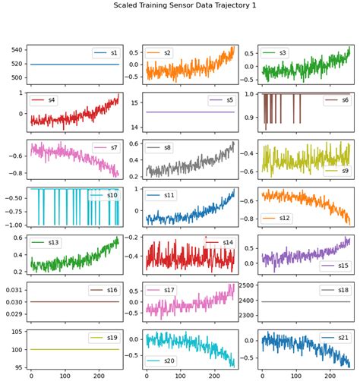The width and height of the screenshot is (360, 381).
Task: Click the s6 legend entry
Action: coord(336,100)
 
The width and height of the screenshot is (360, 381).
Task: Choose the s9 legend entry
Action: coord(336,171)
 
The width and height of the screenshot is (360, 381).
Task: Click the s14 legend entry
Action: coord(220,242)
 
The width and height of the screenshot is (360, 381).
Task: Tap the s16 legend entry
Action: coord(106,290)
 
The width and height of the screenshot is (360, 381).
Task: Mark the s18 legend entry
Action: coord(336,290)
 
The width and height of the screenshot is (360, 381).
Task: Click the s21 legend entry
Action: coord(336,337)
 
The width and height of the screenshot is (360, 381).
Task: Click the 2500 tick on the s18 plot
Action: coord(244,285)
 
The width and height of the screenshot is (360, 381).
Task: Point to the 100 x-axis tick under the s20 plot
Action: coord(180,375)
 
